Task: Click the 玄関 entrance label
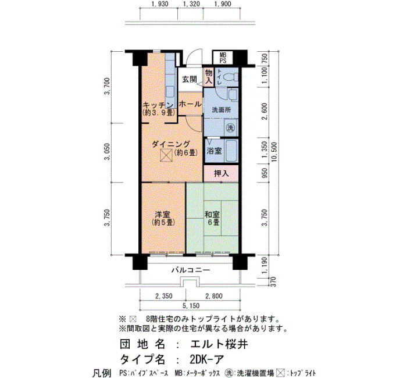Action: coord(189,80)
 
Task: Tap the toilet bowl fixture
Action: coord(230,77)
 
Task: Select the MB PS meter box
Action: coord(223,58)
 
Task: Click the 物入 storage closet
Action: coord(208,77)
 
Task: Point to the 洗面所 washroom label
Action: coord(221,110)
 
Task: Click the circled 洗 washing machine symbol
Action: coord(230,127)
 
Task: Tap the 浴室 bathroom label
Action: coord(214,151)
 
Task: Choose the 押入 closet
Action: coord(221,173)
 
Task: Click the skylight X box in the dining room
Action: coord(166,155)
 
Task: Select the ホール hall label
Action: coord(190,104)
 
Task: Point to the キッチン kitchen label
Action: coord(158,105)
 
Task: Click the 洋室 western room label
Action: coord(162,215)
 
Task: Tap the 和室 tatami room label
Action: coord(212,215)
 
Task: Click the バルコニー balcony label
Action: coord(191,270)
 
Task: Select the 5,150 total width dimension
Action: coord(191,306)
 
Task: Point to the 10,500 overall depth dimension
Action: coord(274,152)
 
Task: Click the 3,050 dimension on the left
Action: coord(107,152)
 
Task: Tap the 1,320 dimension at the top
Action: coord(191,4)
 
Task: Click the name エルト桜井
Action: coord(219,344)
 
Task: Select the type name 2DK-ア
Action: coord(207,359)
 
